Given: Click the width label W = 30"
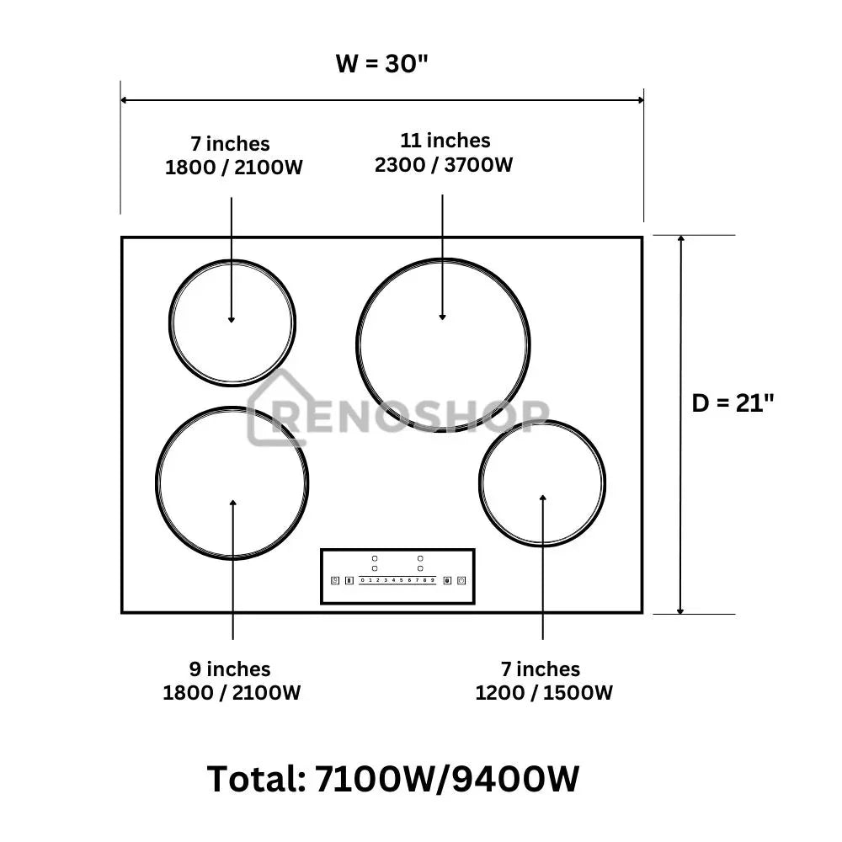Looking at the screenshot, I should click(x=382, y=64).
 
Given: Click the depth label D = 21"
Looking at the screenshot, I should click(x=733, y=403).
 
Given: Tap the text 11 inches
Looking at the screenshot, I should click(x=445, y=141).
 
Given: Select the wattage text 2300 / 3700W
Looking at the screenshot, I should click(x=444, y=164).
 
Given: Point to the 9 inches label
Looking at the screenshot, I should click(x=230, y=669).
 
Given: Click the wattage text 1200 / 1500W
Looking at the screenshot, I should click(x=544, y=693).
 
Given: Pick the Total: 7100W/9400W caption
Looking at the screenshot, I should click(x=393, y=779).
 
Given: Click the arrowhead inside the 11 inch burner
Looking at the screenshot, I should click(x=443, y=317).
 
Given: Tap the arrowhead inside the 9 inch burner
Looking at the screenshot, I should click(x=233, y=504).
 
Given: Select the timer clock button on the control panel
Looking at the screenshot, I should click(x=335, y=580).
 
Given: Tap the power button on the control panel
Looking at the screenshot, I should click(x=461, y=580).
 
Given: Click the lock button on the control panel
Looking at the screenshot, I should click(x=447, y=580).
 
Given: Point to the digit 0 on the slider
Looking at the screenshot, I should click(x=362, y=580).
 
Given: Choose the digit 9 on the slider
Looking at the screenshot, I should click(x=433, y=580).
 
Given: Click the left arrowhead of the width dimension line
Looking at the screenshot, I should click(x=125, y=100).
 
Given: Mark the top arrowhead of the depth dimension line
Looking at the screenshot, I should click(x=681, y=240).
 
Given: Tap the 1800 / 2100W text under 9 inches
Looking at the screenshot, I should click(x=232, y=693).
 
